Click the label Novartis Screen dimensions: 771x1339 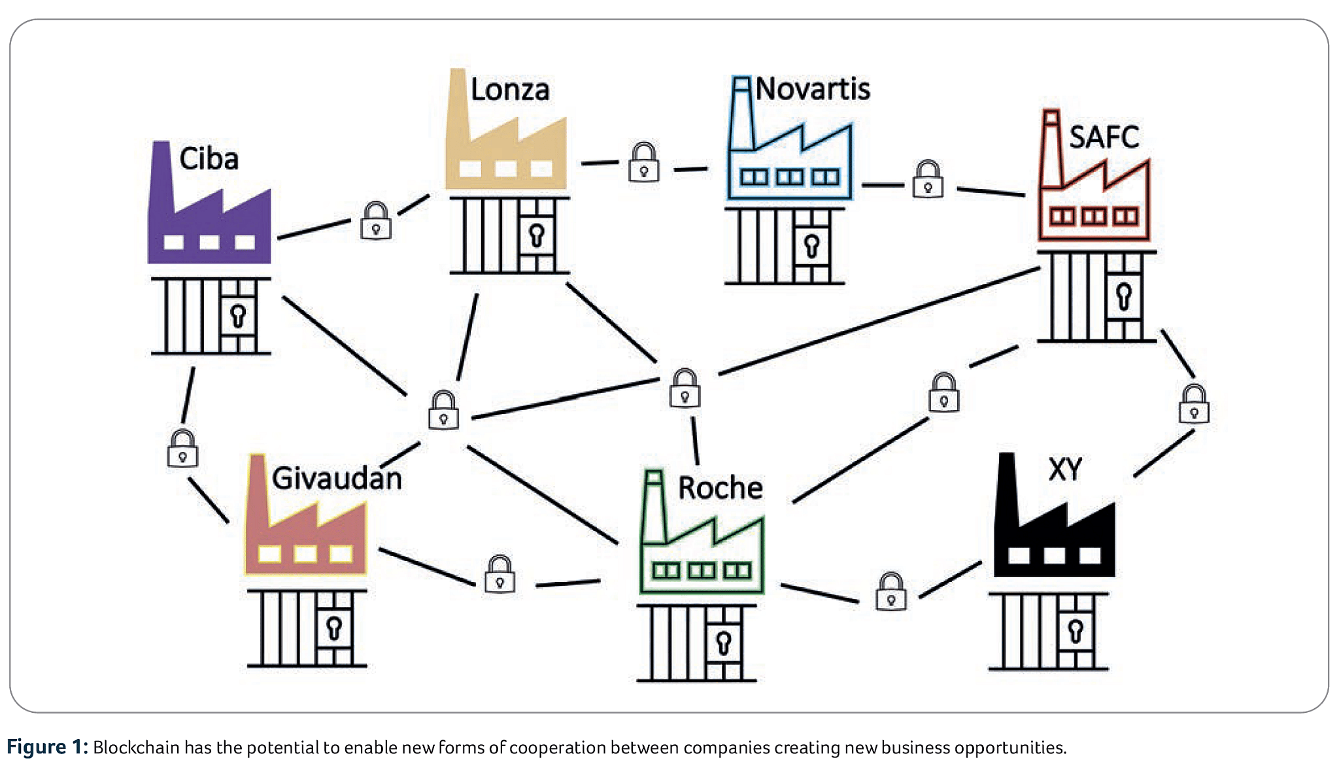813,89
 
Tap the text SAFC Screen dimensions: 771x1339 1104,137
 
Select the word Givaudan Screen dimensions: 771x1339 337,478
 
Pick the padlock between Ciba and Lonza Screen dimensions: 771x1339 376,221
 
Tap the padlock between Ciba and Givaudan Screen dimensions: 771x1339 182,449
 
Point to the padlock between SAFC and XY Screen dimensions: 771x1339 1194,404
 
